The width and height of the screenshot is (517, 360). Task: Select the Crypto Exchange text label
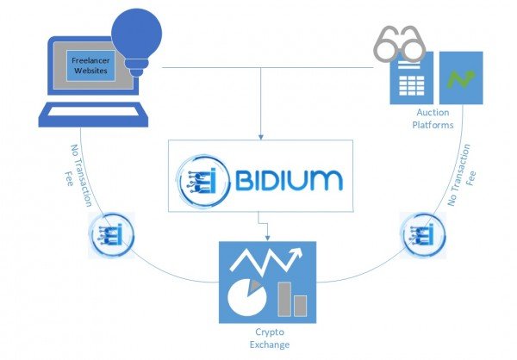[x=268, y=338]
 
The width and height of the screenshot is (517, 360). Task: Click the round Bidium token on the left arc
[x=109, y=234]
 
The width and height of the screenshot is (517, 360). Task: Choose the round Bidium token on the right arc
[x=422, y=234]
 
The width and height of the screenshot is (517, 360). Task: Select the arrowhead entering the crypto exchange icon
[x=268, y=239]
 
